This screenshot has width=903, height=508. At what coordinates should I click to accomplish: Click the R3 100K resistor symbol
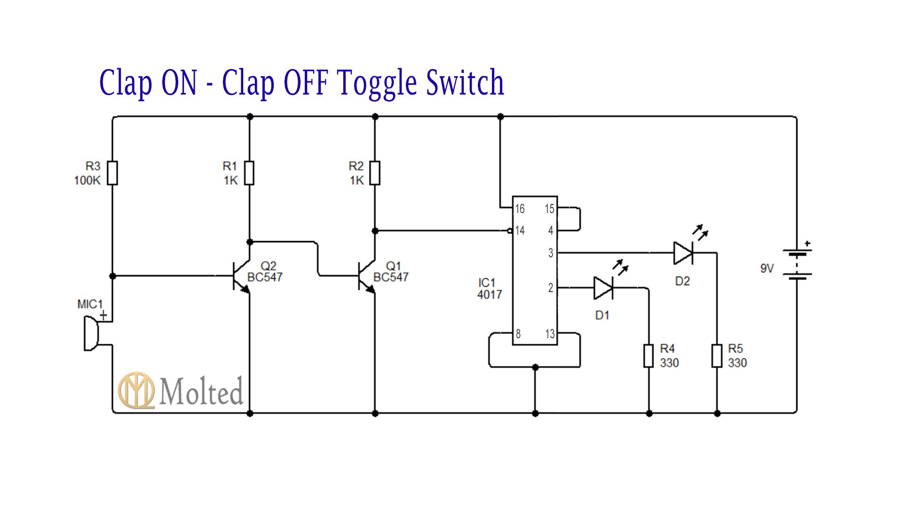[112, 173]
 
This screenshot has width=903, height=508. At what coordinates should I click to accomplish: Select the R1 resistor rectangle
[250, 173]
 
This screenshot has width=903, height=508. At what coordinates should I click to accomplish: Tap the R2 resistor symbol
[375, 173]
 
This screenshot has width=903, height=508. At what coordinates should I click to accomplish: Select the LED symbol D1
[603, 288]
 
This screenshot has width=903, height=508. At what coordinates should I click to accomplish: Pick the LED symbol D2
[683, 253]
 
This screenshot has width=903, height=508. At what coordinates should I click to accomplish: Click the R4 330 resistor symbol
[649, 356]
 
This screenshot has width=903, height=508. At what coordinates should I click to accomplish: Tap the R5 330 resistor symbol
[717, 356]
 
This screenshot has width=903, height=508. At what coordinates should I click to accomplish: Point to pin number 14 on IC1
[520, 230]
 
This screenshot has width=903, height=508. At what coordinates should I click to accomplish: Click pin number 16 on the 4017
[520, 209]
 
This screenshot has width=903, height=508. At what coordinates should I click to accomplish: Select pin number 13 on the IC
[550, 334]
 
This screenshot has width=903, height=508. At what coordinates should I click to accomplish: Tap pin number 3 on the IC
[551, 253]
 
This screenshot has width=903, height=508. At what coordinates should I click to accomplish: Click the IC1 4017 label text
[489, 288]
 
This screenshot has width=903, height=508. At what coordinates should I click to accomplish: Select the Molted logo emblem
[136, 390]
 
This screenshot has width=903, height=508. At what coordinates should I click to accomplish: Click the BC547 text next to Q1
[391, 278]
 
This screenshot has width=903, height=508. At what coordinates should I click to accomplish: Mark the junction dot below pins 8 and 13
[535, 367]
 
